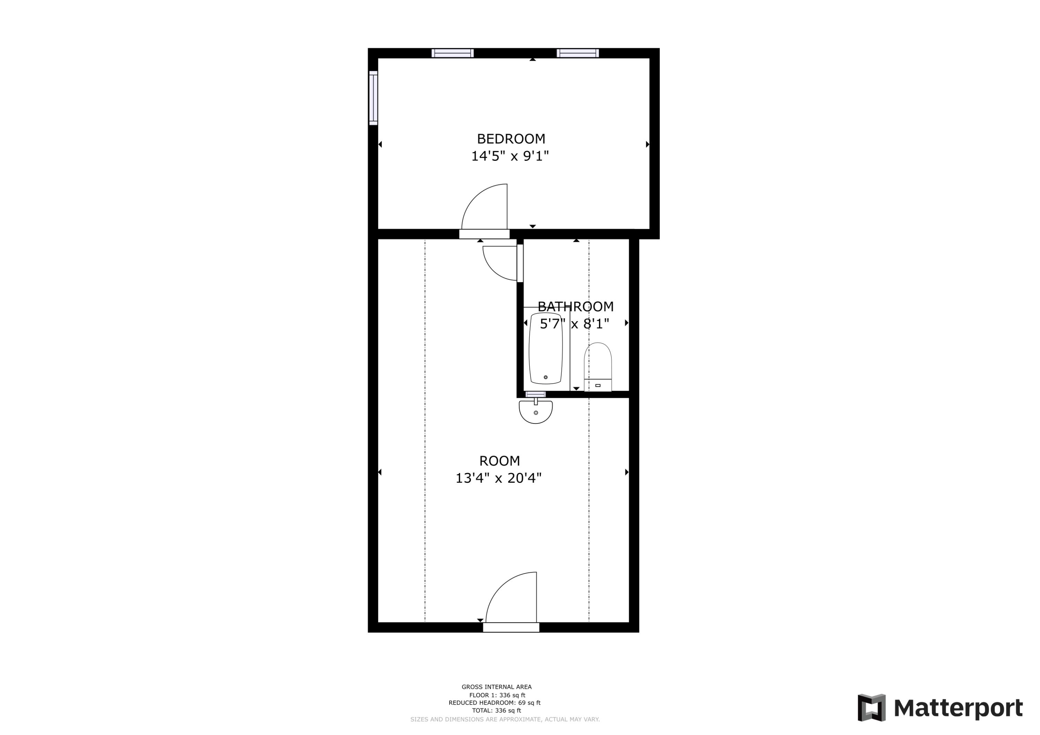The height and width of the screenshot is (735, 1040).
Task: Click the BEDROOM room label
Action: [x=511, y=139]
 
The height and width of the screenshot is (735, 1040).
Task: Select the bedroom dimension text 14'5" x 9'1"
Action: [x=510, y=156]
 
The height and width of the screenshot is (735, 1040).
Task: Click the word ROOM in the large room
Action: [x=499, y=461]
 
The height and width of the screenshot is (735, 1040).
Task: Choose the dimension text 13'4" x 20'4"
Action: [x=498, y=478]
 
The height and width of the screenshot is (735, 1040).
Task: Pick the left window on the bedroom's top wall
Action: [x=452, y=53]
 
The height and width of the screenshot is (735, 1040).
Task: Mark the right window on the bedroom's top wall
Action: [x=577, y=53]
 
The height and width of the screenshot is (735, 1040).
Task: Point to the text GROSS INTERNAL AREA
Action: [x=496, y=687]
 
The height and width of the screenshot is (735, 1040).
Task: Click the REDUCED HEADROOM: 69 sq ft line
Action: [x=494, y=703]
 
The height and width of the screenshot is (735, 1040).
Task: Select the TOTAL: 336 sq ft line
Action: [x=496, y=710]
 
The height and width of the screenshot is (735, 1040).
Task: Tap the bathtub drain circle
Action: [x=545, y=377]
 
